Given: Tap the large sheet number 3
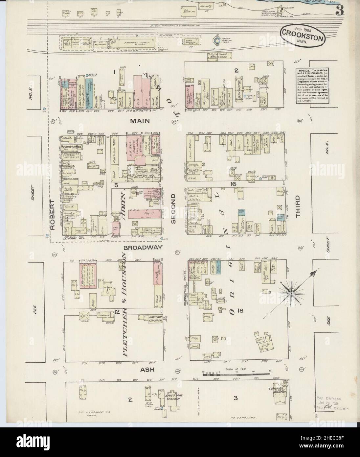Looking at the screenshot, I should pyautogui.click(x=340, y=11).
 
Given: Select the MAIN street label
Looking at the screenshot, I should pyautogui.click(x=140, y=121).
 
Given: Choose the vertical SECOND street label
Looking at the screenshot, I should pyautogui.click(x=173, y=208).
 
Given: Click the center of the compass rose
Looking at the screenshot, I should pyautogui.click(x=291, y=290).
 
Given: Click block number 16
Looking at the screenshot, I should pyautogui.click(x=233, y=184).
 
